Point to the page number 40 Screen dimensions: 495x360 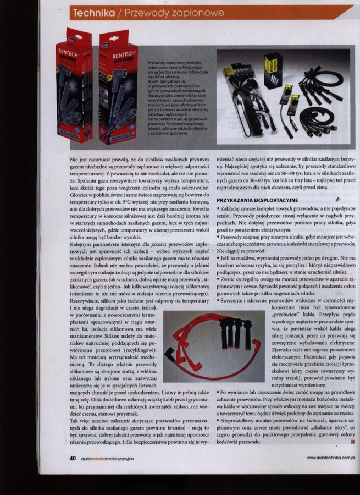click(x=73, y=458)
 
